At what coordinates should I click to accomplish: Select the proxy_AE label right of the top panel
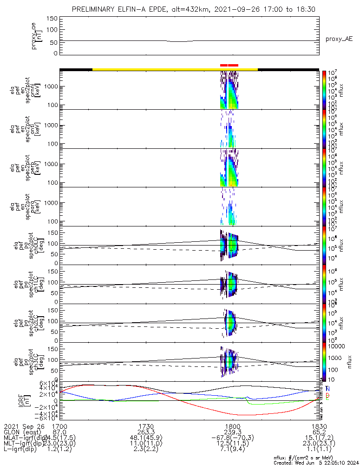click(339, 39)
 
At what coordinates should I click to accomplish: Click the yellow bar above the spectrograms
click(175, 69)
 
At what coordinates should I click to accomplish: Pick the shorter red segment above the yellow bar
click(224, 66)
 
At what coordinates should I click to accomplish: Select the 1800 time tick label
click(231, 426)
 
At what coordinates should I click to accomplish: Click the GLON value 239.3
click(231, 432)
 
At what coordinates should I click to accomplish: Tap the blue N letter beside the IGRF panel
click(327, 389)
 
